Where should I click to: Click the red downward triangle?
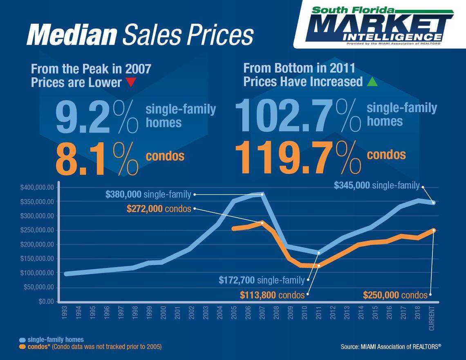pyautogui.click(x=131, y=82)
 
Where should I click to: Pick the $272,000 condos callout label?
pyautogui.click(x=159, y=209)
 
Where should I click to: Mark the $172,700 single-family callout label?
pyautogui.click(x=262, y=280)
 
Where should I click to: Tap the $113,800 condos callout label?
pyautogui.click(x=272, y=295)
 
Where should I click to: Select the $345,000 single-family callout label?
pyautogui.click(x=376, y=185)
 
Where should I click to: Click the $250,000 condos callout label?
pyautogui.click(x=395, y=295)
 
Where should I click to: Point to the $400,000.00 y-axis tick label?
pyautogui.click(x=37, y=187)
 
